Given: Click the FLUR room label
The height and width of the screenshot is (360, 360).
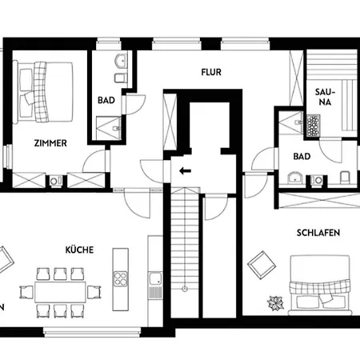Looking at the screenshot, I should (210, 72).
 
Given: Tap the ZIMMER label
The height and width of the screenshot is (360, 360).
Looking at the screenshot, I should (50, 143).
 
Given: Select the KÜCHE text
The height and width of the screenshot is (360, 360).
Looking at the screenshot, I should (79, 250).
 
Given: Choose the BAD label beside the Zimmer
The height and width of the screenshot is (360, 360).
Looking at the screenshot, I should (106, 101).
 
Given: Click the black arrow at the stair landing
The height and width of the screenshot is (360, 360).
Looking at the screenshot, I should (185, 170).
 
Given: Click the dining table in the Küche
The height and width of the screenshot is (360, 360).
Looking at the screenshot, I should (60, 291).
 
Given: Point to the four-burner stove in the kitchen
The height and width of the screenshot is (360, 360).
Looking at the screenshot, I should (121, 278).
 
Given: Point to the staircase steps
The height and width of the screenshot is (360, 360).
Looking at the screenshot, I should (184, 248).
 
